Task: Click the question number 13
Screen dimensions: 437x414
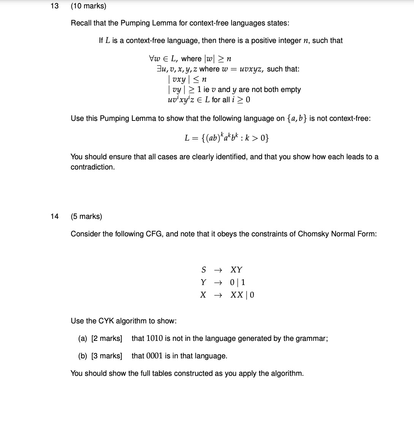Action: coord(54,6)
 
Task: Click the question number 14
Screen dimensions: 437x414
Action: coord(54,216)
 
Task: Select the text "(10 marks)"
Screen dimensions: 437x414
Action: coord(89,6)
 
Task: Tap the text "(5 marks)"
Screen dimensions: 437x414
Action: coord(86,216)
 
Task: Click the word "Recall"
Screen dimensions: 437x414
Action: coord(81,23)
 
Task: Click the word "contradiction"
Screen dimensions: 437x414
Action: coord(92,167)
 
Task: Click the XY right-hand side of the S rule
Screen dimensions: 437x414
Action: coord(236,270)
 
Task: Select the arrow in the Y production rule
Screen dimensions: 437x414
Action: coord(218,282)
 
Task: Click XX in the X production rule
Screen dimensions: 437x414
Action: coord(237,295)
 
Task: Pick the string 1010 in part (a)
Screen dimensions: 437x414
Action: coord(154,339)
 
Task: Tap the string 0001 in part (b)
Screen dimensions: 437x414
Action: coord(154,356)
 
